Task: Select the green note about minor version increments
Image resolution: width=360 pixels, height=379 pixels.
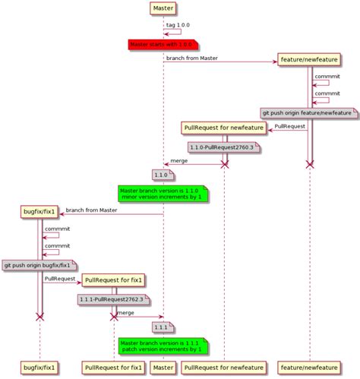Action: pyautogui.click(x=163, y=194)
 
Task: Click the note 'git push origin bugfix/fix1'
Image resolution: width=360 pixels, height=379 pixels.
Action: pyautogui.click(x=40, y=265)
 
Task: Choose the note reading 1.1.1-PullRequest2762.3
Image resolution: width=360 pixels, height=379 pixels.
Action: pyautogui.click(x=112, y=299)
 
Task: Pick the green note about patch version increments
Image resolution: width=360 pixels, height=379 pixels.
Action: pyautogui.click(x=163, y=347)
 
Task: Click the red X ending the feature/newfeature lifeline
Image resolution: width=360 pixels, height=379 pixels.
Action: pyautogui.click(x=310, y=164)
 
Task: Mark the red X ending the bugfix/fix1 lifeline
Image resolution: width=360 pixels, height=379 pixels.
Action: pyautogui.click(x=40, y=316)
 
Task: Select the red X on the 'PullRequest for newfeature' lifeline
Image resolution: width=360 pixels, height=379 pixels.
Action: pyautogui.click(x=225, y=164)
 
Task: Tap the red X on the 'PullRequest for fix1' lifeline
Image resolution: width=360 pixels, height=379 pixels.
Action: pyautogui.click(x=114, y=316)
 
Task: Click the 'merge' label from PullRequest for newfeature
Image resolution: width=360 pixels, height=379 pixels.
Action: pyautogui.click(x=179, y=159)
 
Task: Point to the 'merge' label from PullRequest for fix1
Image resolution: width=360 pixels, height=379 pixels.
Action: pyautogui.click(x=125, y=312)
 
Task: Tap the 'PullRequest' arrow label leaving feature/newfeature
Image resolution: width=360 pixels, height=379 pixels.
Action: pyautogui.click(x=290, y=125)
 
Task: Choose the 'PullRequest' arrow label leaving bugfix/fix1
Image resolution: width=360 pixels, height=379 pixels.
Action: pyautogui.click(x=59, y=279)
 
